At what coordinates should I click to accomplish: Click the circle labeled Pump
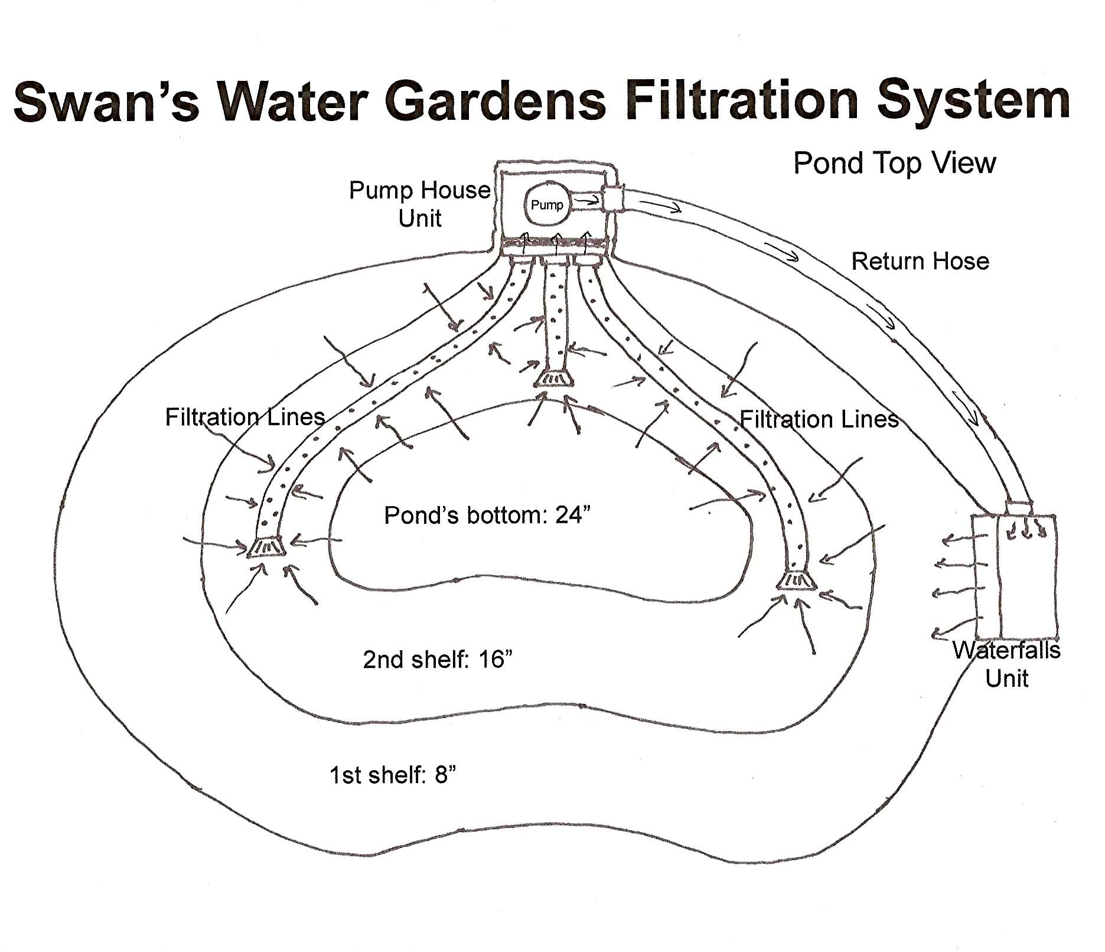(547, 204)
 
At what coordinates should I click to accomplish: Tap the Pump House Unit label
(420, 204)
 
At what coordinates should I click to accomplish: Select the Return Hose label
(920, 261)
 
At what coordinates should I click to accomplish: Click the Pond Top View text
(894, 163)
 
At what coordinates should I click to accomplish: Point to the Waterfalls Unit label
(1006, 664)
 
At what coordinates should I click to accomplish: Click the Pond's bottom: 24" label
(487, 515)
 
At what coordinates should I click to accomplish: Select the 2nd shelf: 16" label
(437, 659)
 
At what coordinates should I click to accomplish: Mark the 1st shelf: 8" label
(393, 774)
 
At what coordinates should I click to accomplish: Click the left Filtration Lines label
(245, 417)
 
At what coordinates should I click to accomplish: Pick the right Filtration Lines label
(819, 419)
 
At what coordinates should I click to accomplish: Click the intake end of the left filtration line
(266, 547)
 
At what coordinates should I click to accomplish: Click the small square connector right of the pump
(612, 198)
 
